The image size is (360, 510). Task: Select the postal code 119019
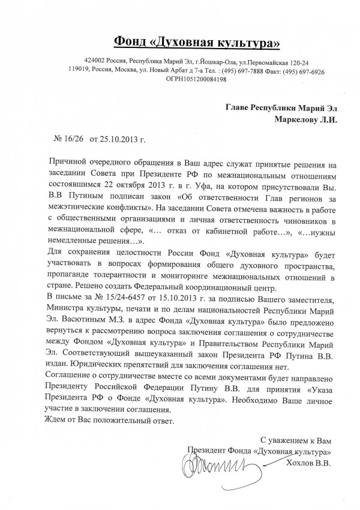pyautogui.click(x=80, y=70)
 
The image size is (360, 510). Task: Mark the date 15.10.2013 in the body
pyautogui.click(x=178, y=299)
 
